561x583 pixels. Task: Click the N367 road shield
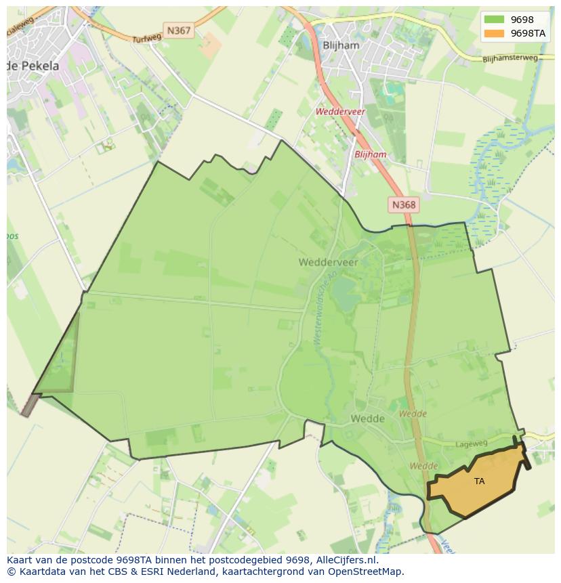pyautogui.click(x=179, y=30)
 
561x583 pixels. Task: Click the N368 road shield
pyautogui.click(x=404, y=204)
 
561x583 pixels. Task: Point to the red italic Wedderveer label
pyautogui.click(x=339, y=112)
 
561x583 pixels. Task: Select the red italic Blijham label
pyautogui.click(x=371, y=154)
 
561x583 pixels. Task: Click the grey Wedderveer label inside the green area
pyautogui.click(x=328, y=261)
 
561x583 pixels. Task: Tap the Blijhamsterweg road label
pyautogui.click(x=510, y=59)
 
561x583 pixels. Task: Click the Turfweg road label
pyautogui.click(x=147, y=39)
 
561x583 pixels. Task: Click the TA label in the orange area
pyautogui.click(x=480, y=481)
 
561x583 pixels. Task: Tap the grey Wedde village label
pyautogui.click(x=367, y=418)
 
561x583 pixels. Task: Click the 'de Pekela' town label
pyautogui.click(x=33, y=66)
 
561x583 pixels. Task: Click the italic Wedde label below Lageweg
pyautogui.click(x=423, y=466)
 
